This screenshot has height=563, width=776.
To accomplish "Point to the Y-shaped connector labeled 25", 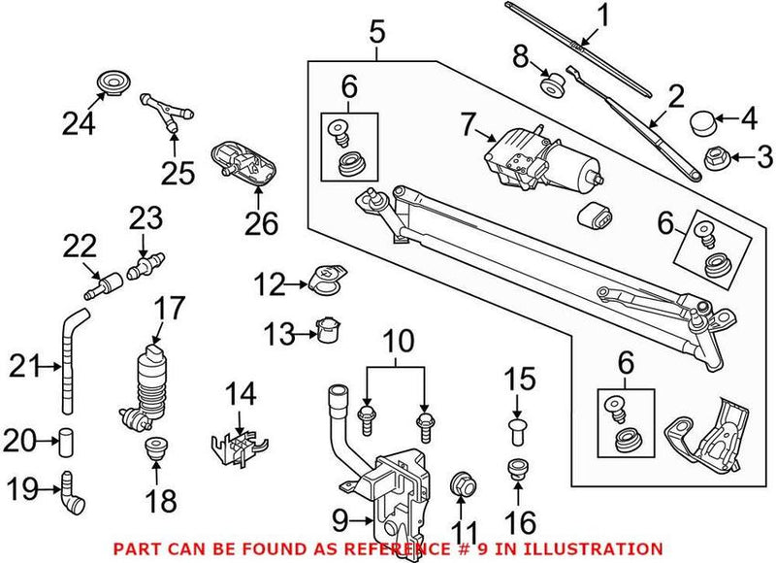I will coord(161,111).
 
